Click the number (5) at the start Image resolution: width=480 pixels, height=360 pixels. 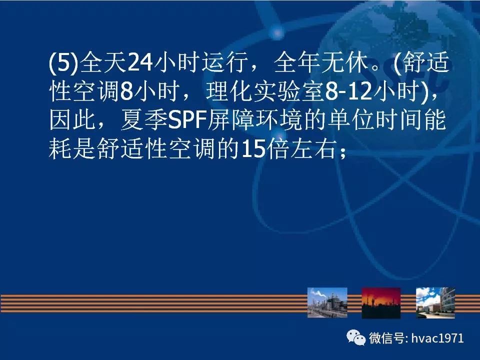coord(63,63)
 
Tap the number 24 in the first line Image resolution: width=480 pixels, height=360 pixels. coord(140,62)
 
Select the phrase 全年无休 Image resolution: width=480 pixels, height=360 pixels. coord(321,63)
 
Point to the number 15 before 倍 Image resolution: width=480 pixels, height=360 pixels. coord(253,148)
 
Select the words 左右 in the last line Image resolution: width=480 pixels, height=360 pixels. coord(313,148)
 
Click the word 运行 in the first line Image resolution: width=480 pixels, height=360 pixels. coord(225,63)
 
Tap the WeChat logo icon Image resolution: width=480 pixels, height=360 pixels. coord(356,337)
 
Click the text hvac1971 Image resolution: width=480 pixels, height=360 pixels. coord(437,338)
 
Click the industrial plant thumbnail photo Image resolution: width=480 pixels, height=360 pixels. coord(327,302)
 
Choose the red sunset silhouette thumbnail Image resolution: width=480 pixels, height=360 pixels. coord(381,303)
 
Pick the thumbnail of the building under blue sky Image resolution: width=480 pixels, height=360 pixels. coord(435,303)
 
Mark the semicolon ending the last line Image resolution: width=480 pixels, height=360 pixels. coord(342,152)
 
